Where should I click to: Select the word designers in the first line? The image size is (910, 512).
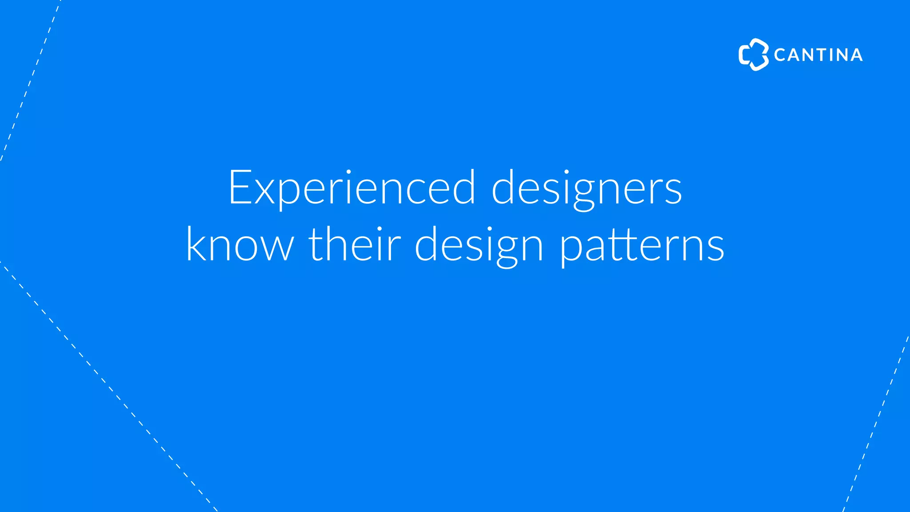587,188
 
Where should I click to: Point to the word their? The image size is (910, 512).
355,244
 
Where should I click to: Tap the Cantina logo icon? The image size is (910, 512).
753,55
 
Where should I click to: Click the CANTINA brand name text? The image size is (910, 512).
818,55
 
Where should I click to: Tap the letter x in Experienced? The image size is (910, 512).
265,192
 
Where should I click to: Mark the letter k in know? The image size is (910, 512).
196,244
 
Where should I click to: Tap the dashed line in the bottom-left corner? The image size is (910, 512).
108,387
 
